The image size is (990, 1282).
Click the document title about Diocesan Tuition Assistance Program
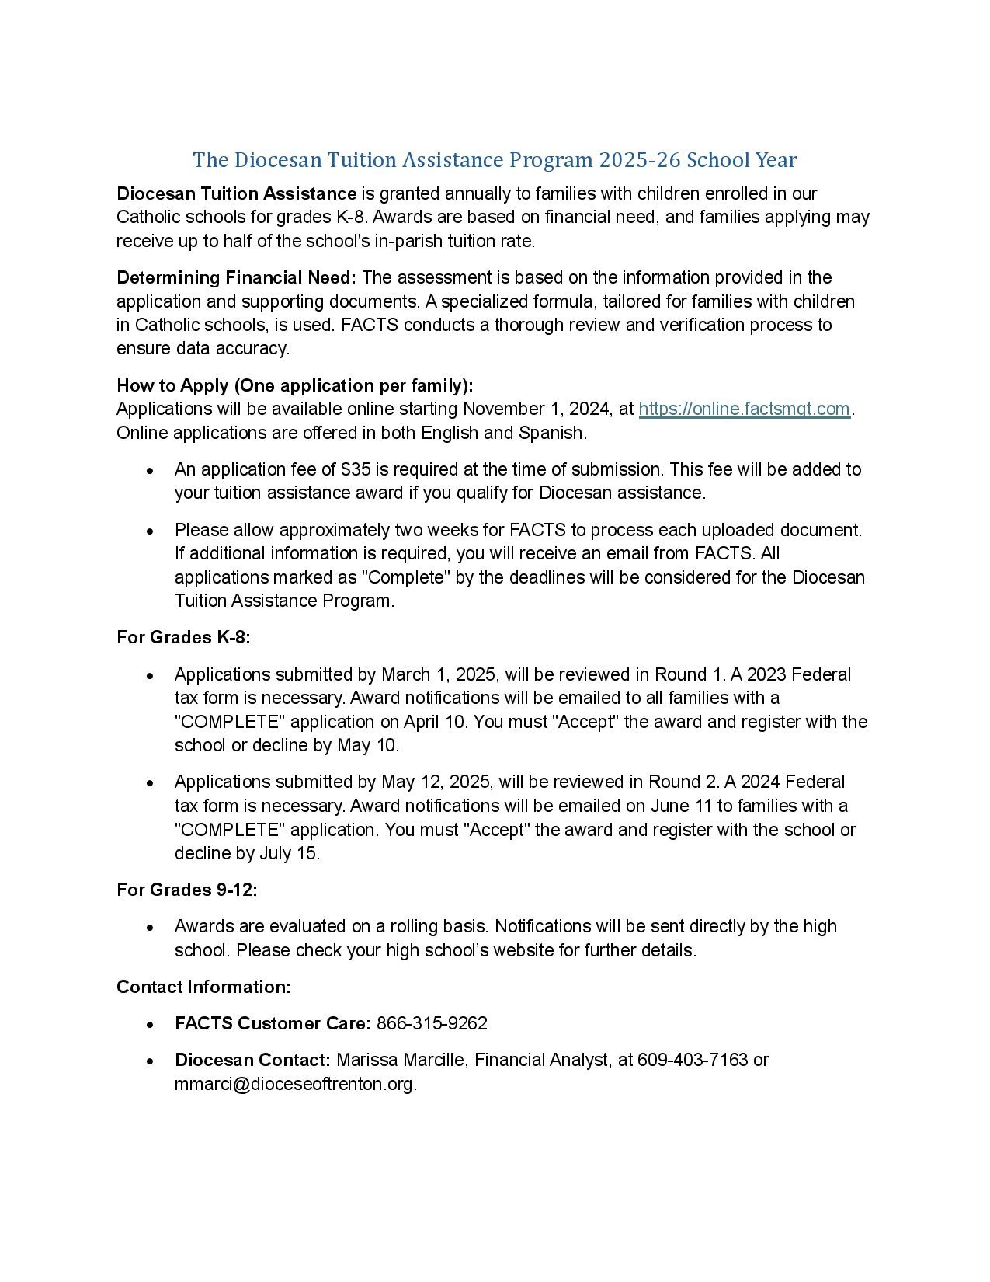click(x=495, y=160)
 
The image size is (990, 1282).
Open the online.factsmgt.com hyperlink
click(x=744, y=409)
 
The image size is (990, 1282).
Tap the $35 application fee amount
click(x=356, y=469)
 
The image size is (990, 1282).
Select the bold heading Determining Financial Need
click(x=236, y=278)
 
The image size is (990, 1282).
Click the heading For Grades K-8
click(x=183, y=638)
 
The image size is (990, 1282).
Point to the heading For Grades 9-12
click(x=186, y=890)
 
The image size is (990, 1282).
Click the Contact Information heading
click(x=203, y=988)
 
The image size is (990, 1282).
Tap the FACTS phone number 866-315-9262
click(x=432, y=1024)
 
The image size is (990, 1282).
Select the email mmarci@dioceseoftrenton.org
click(x=295, y=1085)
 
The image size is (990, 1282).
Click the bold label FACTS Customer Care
click(x=273, y=1024)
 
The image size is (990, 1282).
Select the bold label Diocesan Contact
click(x=252, y=1061)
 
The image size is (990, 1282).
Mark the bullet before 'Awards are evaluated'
click(x=150, y=928)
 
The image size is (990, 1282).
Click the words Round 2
click(x=679, y=782)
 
